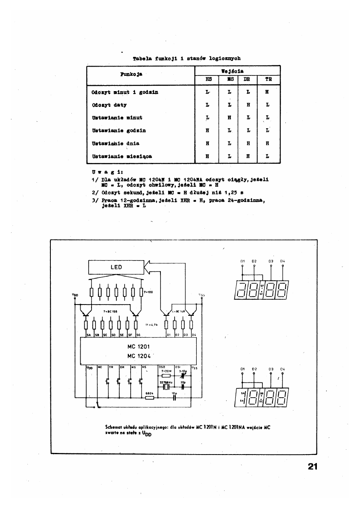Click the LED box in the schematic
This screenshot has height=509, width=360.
coord(116,267)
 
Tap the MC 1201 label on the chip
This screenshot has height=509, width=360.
coord(139,346)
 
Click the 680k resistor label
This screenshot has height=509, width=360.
coord(150,393)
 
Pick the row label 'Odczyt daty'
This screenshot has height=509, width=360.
coord(109,105)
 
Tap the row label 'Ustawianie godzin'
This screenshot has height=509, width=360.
coord(113,130)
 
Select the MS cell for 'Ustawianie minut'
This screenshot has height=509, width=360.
coord(229,118)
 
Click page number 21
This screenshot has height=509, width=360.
coord(313,467)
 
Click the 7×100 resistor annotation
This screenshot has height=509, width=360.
coord(148,292)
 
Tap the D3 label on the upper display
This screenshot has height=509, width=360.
coord(271,261)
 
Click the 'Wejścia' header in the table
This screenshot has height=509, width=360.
coord(237,71)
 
